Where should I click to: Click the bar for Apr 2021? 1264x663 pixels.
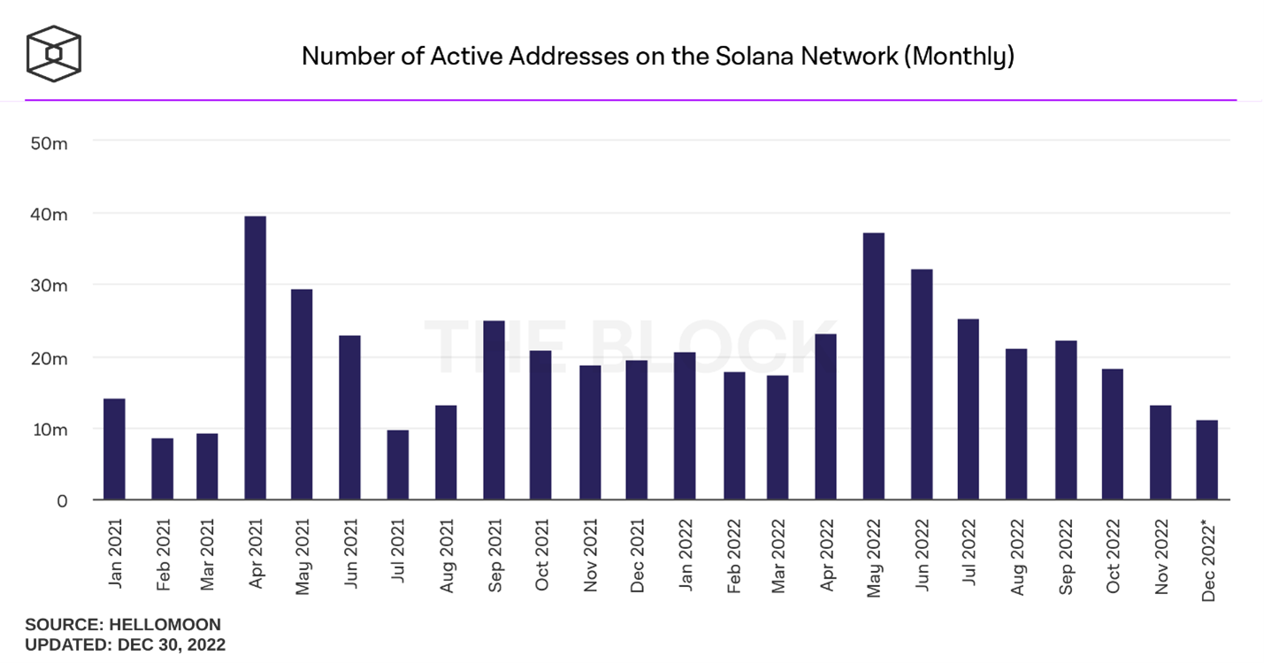tap(255, 358)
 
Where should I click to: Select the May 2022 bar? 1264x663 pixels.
tap(874, 366)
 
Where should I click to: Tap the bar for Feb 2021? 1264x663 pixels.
tap(162, 469)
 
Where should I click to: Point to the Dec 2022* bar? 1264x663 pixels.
tap(1207, 460)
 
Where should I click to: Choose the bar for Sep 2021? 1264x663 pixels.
tap(494, 410)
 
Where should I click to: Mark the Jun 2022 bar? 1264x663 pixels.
tap(922, 385)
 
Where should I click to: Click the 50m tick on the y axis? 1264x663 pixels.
tap(50, 142)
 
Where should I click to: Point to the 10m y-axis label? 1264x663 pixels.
tap(50, 430)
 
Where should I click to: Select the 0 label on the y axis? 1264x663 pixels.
tap(62, 501)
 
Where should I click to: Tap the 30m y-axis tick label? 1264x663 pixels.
tap(50, 286)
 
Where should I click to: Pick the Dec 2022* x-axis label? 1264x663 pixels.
tap(1209, 560)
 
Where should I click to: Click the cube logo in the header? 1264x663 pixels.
tap(54, 54)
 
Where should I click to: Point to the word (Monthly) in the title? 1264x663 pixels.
tap(962, 57)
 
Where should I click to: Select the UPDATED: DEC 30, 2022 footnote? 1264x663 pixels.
tap(125, 644)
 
